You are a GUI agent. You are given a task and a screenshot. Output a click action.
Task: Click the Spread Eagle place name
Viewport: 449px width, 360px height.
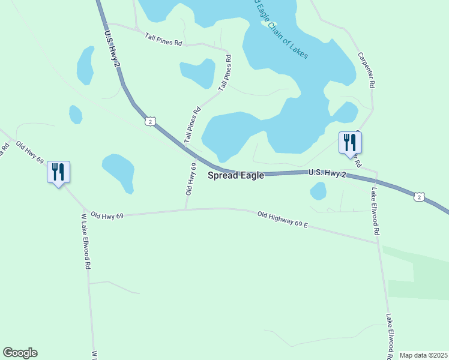pyautogui.click(x=236, y=176)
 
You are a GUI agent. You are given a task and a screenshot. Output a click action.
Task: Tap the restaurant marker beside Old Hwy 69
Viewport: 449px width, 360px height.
pyautogui.click(x=58, y=172)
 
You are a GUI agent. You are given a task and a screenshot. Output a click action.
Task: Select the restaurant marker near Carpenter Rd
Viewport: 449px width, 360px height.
pyautogui.click(x=350, y=143)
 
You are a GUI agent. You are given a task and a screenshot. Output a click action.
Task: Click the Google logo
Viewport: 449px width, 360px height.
pyautogui.click(x=20, y=353)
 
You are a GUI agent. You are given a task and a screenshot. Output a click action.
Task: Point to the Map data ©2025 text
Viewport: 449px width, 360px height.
pyautogui.click(x=423, y=355)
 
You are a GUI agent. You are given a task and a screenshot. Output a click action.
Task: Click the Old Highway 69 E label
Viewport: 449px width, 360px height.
pyautogui.click(x=282, y=219)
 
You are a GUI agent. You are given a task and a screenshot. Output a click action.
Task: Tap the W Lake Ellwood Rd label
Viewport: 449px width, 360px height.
pyautogui.click(x=86, y=240)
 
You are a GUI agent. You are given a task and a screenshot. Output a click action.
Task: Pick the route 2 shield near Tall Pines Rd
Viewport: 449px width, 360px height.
pyautogui.click(x=149, y=121)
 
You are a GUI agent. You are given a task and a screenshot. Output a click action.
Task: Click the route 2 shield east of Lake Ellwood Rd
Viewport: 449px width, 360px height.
pyautogui.click(x=419, y=196)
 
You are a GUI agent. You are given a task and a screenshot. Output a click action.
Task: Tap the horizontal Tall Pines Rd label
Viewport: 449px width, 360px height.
pyautogui.click(x=163, y=40)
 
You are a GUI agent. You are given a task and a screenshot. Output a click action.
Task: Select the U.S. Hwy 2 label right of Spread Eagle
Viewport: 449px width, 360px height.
pyautogui.click(x=327, y=173)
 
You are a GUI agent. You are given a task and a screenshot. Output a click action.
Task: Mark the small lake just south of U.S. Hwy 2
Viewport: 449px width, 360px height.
pyautogui.click(x=318, y=191)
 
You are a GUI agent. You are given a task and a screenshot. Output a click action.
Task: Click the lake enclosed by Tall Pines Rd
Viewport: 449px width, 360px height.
pyautogui.click(x=197, y=73)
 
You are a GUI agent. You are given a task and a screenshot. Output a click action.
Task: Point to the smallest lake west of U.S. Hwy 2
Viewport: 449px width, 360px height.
pyautogui.click(x=76, y=114)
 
